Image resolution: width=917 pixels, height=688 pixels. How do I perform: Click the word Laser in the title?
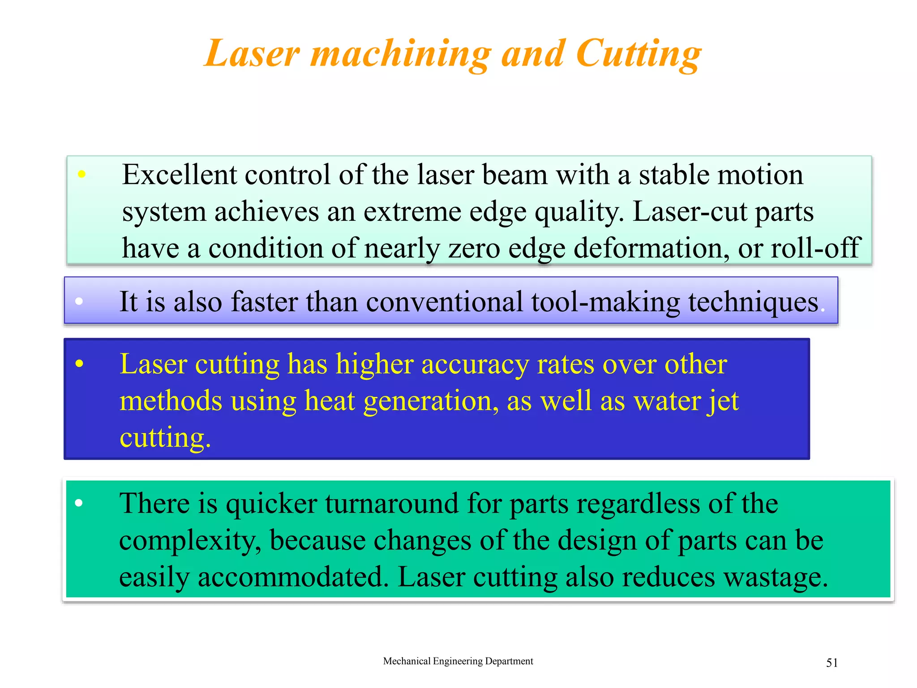point(252,54)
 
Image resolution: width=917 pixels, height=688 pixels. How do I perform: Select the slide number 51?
point(832,663)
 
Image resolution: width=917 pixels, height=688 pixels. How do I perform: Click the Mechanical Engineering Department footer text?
point(458,661)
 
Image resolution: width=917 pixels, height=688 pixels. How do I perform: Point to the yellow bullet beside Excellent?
point(81,174)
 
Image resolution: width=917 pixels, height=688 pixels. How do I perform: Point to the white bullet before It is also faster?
point(79,301)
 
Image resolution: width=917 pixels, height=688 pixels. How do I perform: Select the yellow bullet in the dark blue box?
point(79,364)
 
